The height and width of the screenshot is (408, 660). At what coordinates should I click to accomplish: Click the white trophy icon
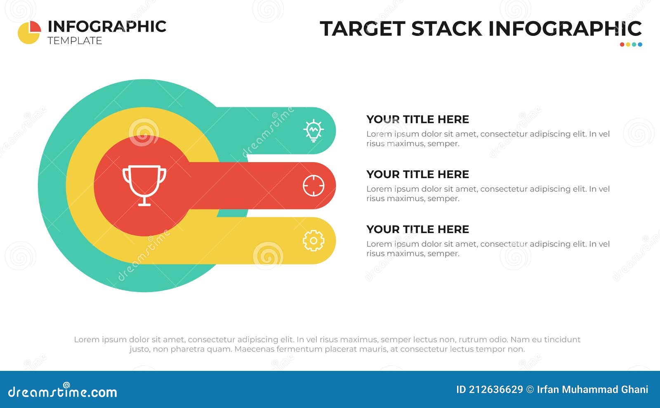tap(144, 185)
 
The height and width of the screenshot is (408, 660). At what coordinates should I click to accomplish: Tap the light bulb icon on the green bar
tap(313, 131)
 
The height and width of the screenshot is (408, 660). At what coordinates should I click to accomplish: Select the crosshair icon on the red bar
tap(313, 186)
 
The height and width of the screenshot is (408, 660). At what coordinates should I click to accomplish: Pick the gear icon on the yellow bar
tap(313, 241)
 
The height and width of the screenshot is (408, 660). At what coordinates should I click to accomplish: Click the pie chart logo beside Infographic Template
tap(29, 32)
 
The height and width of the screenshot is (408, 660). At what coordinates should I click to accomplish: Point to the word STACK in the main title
tap(447, 29)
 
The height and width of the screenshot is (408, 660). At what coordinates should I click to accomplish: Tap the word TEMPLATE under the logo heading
tap(75, 41)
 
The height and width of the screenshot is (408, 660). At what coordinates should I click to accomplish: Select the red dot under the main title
tap(622, 45)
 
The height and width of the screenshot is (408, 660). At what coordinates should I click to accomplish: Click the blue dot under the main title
tap(640, 45)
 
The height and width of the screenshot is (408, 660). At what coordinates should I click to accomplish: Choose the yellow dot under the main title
tap(628, 45)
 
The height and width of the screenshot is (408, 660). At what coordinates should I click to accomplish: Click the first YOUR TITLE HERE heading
tap(417, 119)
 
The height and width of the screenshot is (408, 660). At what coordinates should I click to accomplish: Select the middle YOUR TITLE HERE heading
tap(417, 174)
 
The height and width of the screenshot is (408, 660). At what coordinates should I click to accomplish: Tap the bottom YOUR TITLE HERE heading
tap(417, 229)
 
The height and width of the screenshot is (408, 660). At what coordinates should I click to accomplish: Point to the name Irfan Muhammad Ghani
tap(592, 389)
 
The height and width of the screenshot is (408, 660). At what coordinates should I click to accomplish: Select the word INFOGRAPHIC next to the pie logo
tap(107, 26)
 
